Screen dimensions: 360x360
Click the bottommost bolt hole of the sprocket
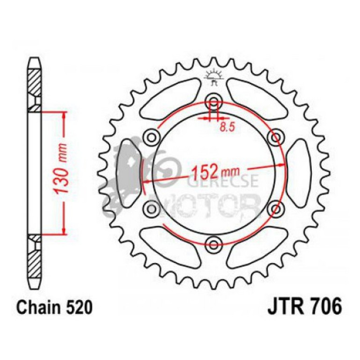pyautogui.click(x=214, y=242)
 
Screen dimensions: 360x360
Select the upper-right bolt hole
pyautogui.click(x=275, y=137)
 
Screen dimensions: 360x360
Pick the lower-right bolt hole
pyautogui.click(x=275, y=207)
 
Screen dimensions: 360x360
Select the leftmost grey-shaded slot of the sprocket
pyautogui.click(x=128, y=172)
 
